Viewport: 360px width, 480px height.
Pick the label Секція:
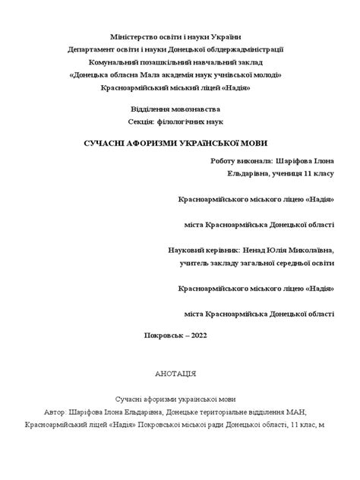coord(145,122)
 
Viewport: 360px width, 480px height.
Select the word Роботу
coord(226,161)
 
